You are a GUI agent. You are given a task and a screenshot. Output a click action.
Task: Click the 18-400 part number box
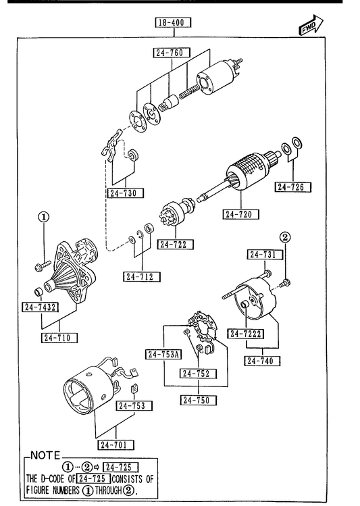coord(173,22)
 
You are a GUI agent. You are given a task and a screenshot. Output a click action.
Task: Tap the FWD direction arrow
coord(311,25)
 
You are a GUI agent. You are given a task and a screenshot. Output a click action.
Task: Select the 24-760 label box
coord(172,53)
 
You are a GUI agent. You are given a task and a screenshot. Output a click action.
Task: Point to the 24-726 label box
coord(293,187)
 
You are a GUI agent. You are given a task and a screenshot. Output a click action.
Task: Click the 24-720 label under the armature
coord(240,214)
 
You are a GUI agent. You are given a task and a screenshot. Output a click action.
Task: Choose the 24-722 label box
coord(176,245)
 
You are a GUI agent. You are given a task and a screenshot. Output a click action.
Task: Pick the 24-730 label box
coord(126,193)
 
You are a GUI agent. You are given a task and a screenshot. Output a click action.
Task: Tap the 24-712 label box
coord(142,276)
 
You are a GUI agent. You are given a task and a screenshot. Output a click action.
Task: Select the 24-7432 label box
coord(41,307)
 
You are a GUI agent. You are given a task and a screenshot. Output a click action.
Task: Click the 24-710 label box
coord(59,338)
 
